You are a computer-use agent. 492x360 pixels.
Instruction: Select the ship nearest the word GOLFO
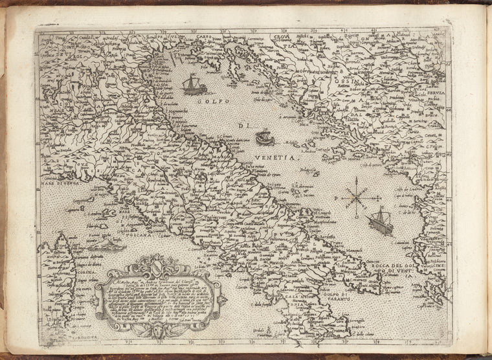[x=192, y=84]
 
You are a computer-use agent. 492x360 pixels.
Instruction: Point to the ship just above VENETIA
[x=264, y=137]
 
